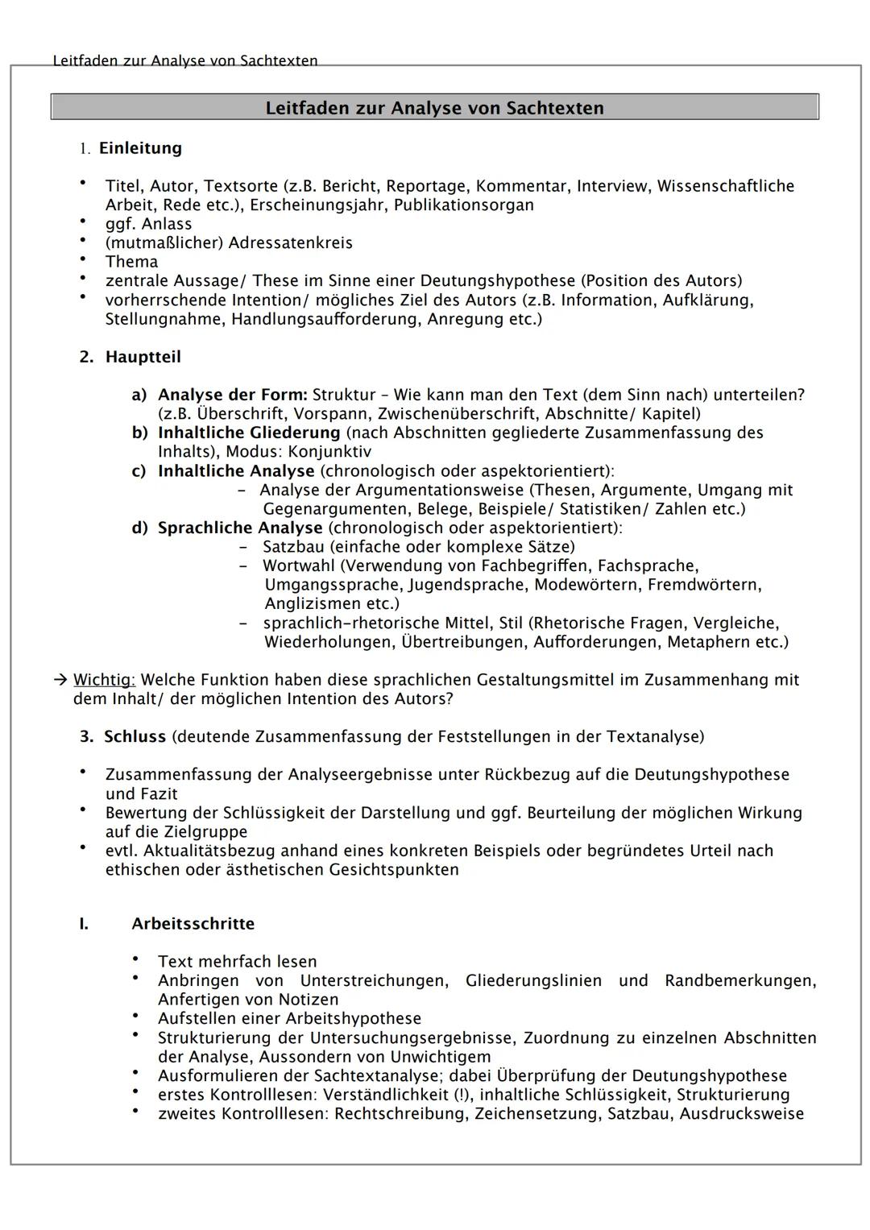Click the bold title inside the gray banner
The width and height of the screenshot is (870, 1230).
(434, 108)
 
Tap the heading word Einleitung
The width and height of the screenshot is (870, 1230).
(140, 148)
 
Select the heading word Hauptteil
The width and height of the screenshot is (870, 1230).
(143, 357)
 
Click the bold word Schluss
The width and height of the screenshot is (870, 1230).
(135, 736)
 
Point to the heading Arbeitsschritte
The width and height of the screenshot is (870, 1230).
(193, 923)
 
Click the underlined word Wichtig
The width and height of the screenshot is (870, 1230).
(104, 679)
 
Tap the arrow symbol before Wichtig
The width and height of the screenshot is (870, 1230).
(60, 679)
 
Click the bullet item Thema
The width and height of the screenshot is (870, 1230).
(131, 262)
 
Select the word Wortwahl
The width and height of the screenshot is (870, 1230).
(298, 565)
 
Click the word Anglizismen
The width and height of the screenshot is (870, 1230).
(313, 603)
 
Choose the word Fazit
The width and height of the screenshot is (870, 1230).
(157, 793)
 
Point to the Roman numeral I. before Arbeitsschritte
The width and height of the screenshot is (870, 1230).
(84, 923)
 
